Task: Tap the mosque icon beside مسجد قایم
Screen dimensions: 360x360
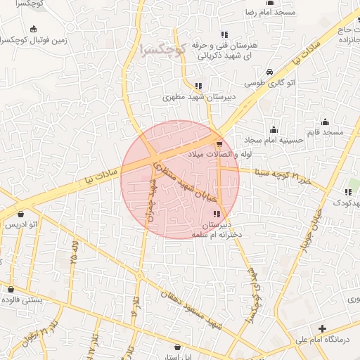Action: [324, 122]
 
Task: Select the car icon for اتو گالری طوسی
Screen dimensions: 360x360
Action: [270, 72]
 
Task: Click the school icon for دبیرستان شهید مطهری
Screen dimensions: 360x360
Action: [198, 86]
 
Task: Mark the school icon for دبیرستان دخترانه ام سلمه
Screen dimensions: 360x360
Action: [216, 214]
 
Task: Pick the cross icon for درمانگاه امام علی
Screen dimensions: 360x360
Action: [322, 329]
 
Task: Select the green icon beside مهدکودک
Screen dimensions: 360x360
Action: [348, 192]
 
